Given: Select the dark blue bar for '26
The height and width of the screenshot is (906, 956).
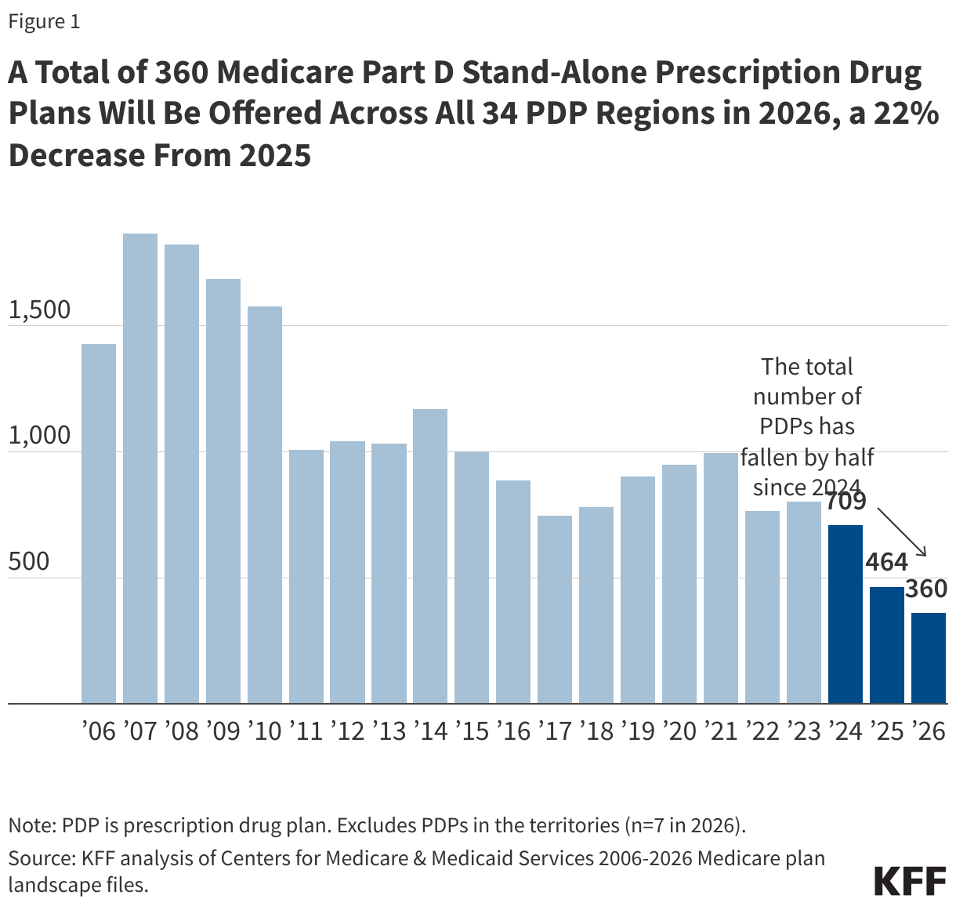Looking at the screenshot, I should tap(928, 658).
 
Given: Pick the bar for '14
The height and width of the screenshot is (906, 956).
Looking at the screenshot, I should tap(430, 556).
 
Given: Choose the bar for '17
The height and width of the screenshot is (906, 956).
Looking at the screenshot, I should tap(555, 609).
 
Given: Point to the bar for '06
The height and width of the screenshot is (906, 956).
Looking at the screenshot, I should tap(99, 524).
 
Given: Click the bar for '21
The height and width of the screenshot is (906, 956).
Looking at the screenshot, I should tap(720, 578).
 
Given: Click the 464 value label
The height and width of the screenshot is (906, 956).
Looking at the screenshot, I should tap(886, 562).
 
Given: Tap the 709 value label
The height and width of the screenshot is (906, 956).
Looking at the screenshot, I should tap(846, 501).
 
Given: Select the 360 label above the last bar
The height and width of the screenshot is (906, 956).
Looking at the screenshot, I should tap(926, 589).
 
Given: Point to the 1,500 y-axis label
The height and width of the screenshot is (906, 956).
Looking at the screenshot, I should tap(39, 310).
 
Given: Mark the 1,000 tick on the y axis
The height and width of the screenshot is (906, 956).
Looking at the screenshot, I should tap(39, 437).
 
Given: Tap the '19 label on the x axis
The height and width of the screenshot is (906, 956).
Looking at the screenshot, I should tap(637, 731).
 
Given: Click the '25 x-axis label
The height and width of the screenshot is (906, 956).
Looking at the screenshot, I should tap(886, 731).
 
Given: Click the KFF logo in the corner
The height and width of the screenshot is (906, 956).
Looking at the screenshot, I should tap(910, 881).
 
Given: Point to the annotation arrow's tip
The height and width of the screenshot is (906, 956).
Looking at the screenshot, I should tap(926, 556).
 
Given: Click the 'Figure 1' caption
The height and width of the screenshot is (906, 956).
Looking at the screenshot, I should tap(44, 22).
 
